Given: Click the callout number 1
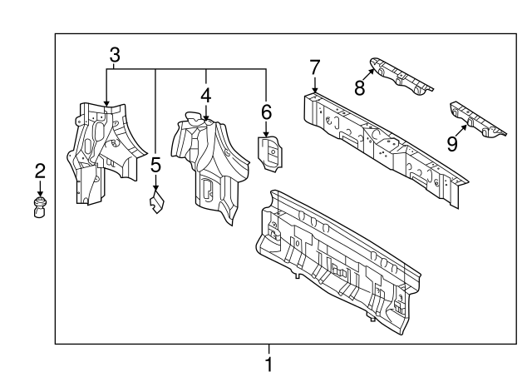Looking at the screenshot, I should click(268, 364).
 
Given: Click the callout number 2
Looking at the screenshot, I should click(40, 172).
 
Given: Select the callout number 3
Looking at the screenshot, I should click(115, 56).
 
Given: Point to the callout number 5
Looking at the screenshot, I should click(155, 165).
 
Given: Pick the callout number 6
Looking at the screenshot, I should click(266, 111).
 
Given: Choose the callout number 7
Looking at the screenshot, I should click(314, 67).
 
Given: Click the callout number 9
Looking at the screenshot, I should click(452, 143).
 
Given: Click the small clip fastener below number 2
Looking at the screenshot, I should click(40, 206).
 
